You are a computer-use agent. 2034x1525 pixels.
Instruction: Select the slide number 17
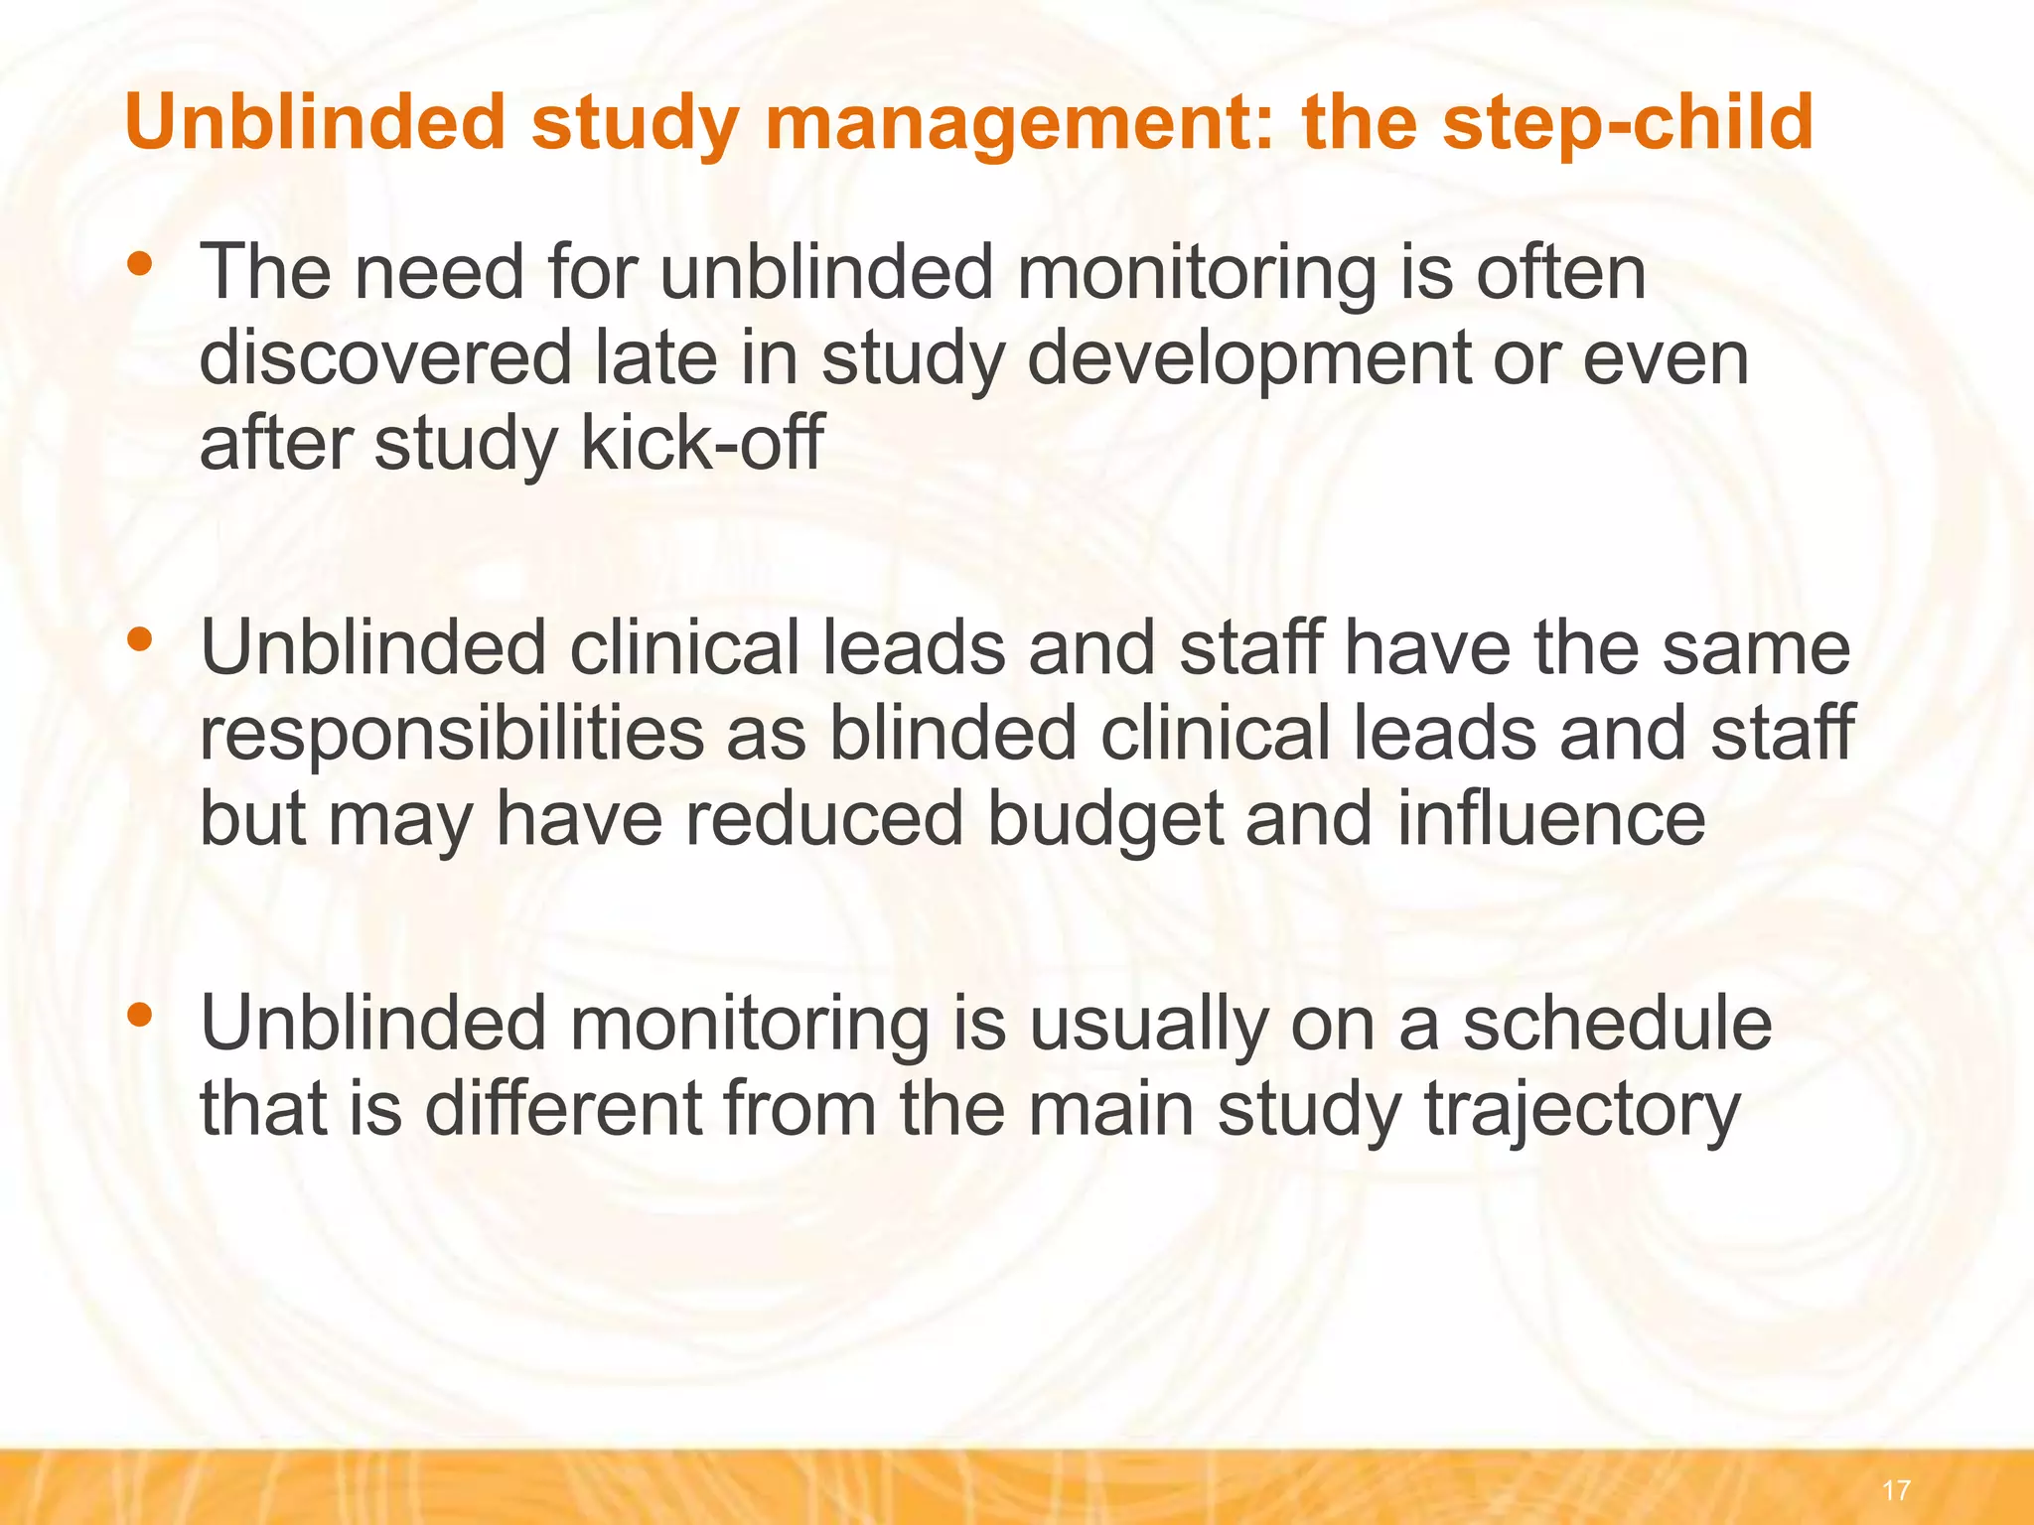tap(1895, 1490)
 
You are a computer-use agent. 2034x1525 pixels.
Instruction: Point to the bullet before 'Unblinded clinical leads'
tap(140, 638)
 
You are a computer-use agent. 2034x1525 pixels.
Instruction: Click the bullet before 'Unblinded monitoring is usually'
tap(140, 1014)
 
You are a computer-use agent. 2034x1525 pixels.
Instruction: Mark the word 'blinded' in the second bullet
tap(952, 733)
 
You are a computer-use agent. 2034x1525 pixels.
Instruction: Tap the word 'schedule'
tap(1617, 1023)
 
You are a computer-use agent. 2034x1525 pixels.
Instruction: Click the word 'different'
tap(564, 1109)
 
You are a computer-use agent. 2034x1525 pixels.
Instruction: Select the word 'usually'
tap(1148, 1023)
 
